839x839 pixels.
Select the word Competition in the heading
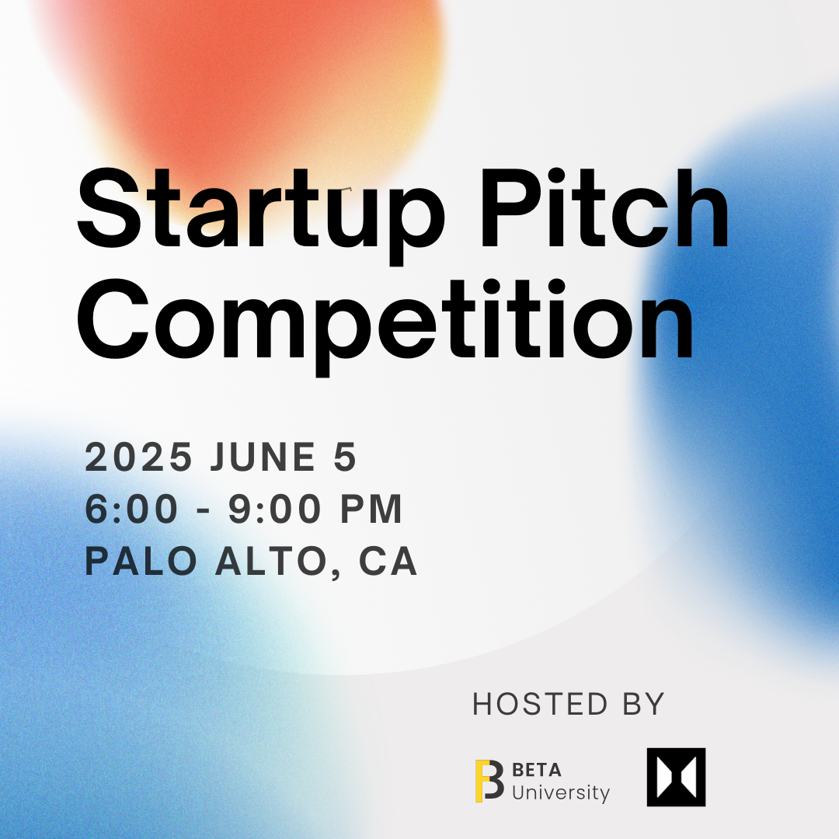point(385,326)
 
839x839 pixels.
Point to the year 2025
point(138,457)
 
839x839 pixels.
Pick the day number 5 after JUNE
point(345,457)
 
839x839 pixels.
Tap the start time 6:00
point(131,509)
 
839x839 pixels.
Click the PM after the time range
point(371,509)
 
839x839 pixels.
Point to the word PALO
point(141,562)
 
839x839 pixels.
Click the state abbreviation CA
point(388,562)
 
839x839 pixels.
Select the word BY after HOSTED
point(644,704)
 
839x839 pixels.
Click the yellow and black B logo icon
point(489,781)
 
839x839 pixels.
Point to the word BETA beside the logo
point(537,770)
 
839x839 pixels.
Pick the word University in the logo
point(561,793)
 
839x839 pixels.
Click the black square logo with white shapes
point(677,777)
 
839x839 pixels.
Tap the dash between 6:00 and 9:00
point(204,510)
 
